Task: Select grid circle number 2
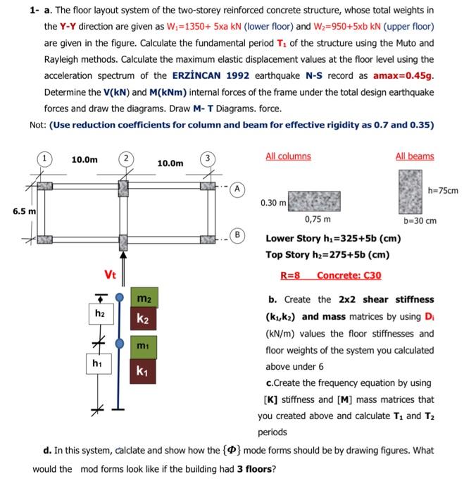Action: click(x=124, y=158)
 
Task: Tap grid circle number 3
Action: click(x=207, y=158)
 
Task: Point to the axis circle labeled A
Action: click(x=239, y=188)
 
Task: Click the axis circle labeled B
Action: click(x=239, y=234)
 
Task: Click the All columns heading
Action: click(x=288, y=156)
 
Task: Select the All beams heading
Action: click(x=415, y=156)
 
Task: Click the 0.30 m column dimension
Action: click(x=273, y=202)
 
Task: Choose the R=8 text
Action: click(x=291, y=275)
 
